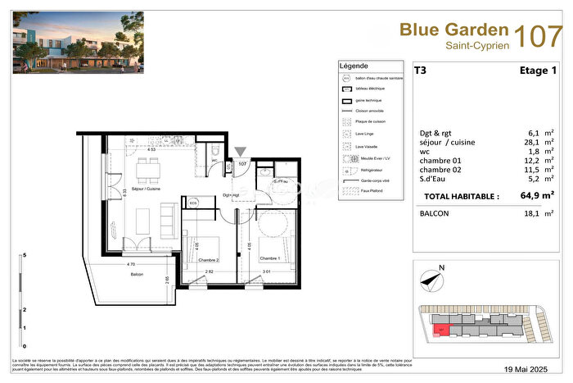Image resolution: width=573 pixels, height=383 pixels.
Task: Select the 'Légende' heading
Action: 354,66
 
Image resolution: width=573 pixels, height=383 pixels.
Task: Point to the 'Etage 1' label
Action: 538,71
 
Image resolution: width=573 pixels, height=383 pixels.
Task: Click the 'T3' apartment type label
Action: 420,71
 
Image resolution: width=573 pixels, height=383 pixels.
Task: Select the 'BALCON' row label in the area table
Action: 434,215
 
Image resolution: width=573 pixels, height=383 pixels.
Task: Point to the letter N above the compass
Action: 440,267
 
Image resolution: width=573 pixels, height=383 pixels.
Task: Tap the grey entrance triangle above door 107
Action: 240,151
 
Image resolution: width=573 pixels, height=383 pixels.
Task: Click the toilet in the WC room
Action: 213,152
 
